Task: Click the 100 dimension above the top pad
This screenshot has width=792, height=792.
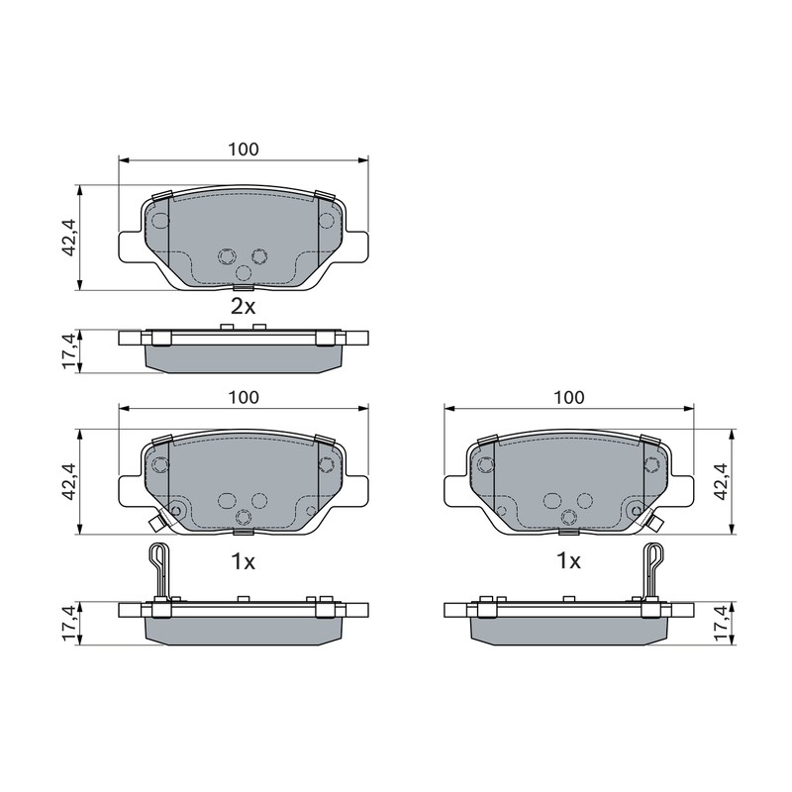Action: tap(243, 149)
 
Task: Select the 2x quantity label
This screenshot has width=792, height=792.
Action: tap(243, 306)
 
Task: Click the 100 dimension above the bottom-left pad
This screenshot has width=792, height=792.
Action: tap(243, 398)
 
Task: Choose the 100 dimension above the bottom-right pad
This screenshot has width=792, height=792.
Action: tap(568, 398)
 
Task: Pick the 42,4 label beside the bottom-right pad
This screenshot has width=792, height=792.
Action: tap(723, 481)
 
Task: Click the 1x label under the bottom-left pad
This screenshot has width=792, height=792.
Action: tap(243, 561)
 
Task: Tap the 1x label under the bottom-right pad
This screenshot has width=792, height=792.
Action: tap(568, 561)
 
